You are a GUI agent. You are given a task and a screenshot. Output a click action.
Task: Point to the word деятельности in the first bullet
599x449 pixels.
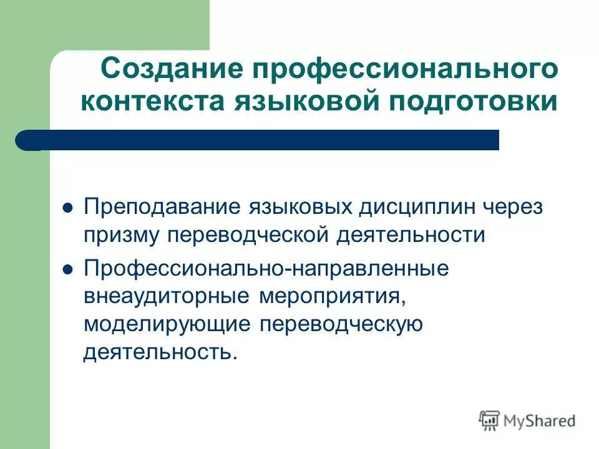(412, 235)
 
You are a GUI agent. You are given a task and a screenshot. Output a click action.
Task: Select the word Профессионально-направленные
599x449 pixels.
(266, 269)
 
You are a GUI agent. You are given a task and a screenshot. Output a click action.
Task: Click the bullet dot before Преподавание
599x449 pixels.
(69, 208)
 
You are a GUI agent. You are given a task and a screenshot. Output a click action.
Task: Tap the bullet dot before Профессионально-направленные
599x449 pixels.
(69, 269)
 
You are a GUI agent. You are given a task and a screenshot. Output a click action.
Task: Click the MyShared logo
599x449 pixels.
(527, 420)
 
